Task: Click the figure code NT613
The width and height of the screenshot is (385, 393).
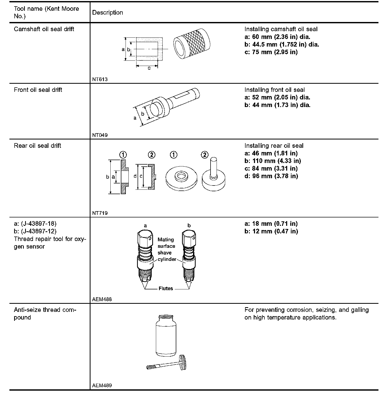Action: click(100, 79)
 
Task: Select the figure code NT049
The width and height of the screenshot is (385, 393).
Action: click(100, 135)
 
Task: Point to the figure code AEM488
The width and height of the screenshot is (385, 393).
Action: click(102, 299)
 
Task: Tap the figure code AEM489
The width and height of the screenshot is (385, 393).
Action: click(102, 385)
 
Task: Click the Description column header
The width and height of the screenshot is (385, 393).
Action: click(107, 13)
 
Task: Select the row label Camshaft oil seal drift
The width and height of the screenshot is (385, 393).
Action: click(44, 29)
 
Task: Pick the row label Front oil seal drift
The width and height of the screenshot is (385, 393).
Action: click(38, 90)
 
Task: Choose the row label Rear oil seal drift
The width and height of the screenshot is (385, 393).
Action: click(37, 146)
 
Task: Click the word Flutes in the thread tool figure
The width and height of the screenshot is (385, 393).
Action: click(166, 289)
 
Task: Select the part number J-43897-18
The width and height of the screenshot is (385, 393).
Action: click(38, 224)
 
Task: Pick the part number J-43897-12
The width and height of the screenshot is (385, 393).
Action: click(38, 231)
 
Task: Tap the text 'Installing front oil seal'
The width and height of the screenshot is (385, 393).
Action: click(274, 90)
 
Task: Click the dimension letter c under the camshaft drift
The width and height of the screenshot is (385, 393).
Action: click(149, 68)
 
